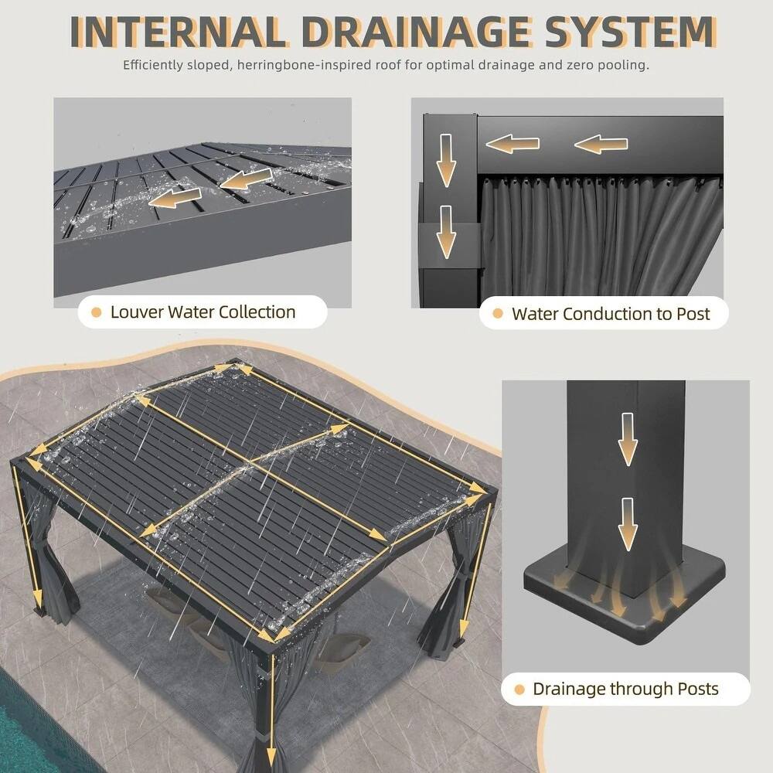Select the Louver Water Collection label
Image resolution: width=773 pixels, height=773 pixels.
click(203, 312)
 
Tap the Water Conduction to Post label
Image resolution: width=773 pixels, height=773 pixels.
click(610, 314)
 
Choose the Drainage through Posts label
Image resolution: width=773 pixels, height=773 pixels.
click(625, 689)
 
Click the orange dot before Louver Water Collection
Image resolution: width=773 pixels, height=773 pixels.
click(97, 313)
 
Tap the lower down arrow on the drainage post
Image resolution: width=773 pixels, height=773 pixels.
click(628, 524)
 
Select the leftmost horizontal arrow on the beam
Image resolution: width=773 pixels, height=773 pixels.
click(512, 143)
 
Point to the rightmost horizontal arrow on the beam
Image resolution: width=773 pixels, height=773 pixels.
click(601, 144)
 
